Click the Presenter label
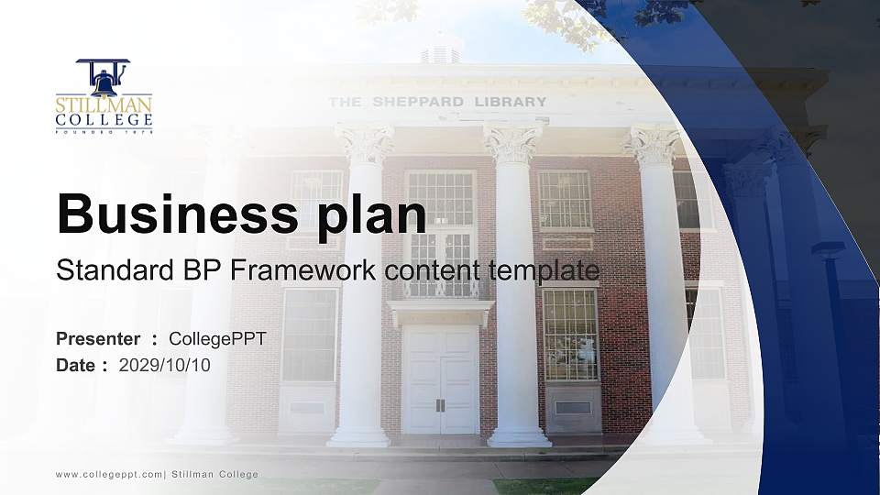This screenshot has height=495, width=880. pos(98,339)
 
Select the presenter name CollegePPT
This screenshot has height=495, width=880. pos(217,339)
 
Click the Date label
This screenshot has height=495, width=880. pos(76,365)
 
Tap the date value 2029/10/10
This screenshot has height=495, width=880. pos(165,365)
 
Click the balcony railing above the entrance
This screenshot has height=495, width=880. pos(440,288)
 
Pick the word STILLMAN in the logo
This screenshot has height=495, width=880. pos(104,104)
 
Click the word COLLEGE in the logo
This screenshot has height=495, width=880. pos(104,120)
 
